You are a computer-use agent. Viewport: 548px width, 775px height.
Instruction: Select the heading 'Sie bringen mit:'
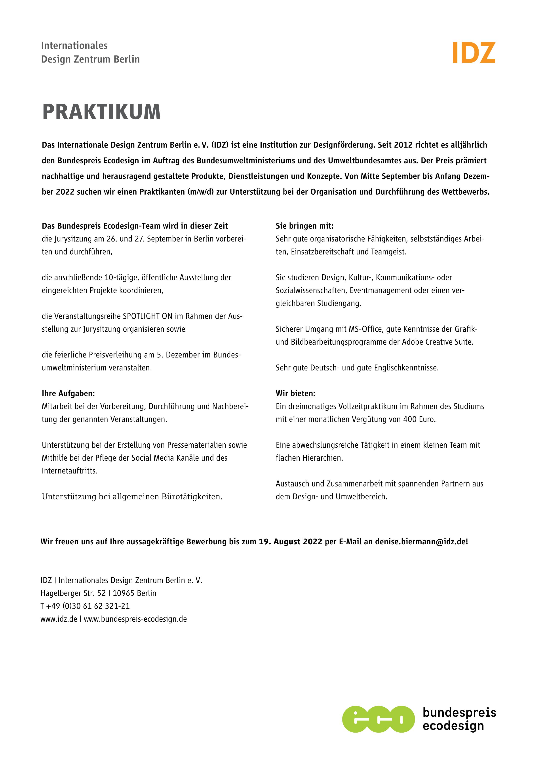click(x=304, y=226)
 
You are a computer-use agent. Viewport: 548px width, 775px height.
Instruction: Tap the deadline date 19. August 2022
click(x=290, y=542)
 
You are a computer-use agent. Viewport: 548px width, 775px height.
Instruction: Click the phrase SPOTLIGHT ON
click(x=148, y=316)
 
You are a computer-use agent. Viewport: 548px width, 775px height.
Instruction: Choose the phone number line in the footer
click(x=85, y=606)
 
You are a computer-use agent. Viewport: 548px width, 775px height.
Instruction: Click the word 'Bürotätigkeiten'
click(x=192, y=497)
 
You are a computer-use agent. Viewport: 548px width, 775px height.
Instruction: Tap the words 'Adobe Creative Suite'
click(x=437, y=342)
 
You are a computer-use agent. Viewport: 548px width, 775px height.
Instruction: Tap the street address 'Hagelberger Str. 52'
click(x=73, y=593)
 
